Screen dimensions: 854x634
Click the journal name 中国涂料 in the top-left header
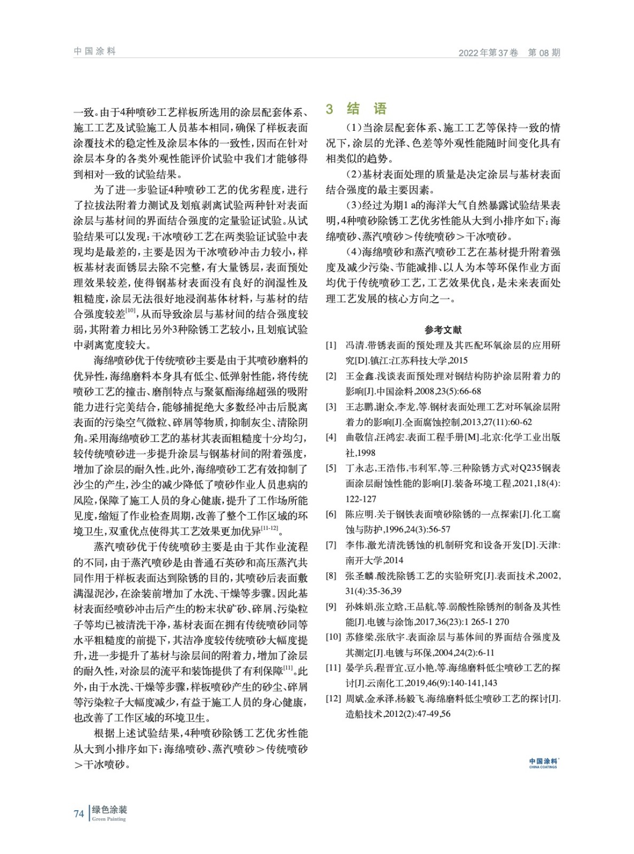95,51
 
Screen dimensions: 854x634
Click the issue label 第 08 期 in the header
544,52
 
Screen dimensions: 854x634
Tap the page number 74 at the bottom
79,813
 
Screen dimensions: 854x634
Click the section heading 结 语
366,109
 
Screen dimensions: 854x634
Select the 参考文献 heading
443,330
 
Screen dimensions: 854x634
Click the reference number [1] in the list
331,345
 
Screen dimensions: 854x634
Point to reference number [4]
331,437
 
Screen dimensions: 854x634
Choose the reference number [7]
331,545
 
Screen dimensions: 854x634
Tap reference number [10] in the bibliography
333,637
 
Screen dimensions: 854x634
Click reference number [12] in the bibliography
333,699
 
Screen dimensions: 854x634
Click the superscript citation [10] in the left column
131,310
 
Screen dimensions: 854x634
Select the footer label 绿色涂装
109,810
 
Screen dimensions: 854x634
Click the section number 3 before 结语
330,109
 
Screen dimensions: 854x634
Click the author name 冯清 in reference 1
355,345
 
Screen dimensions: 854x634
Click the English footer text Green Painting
109,819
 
